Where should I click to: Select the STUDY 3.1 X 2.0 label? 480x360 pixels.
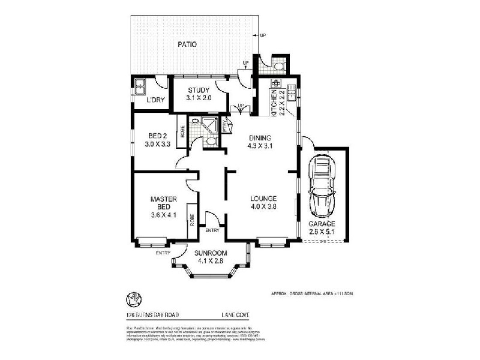198,94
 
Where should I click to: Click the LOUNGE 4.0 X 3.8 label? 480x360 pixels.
263,202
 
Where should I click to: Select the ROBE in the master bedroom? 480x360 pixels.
193,220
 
